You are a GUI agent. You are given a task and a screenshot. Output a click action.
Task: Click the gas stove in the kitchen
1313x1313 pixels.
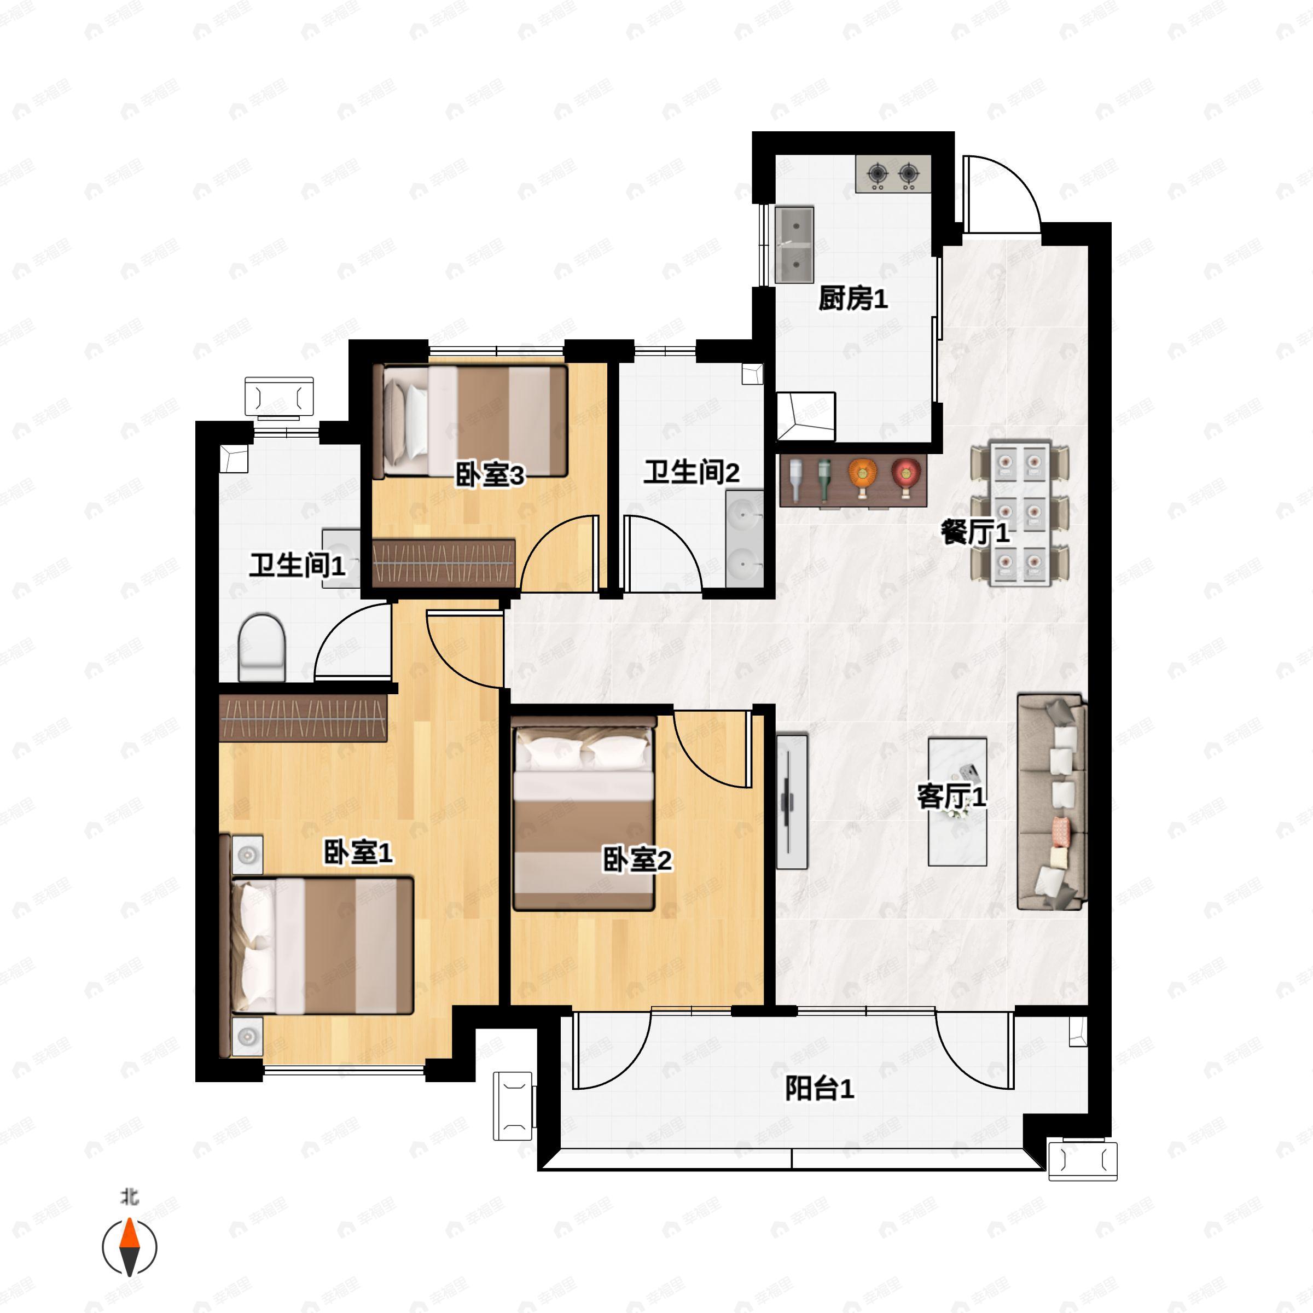pos(893,174)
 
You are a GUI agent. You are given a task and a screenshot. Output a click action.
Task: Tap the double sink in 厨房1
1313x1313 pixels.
pos(794,245)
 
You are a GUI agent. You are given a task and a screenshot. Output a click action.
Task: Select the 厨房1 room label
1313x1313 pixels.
pos(853,298)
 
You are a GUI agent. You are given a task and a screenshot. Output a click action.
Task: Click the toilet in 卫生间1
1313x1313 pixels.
pos(262,647)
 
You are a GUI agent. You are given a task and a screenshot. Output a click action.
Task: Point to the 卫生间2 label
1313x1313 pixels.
pos(691,472)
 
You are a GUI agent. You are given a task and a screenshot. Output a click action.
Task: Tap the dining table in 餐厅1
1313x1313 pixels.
pos(1019,513)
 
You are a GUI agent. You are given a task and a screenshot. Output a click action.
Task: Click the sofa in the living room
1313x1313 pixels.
pos(1052,801)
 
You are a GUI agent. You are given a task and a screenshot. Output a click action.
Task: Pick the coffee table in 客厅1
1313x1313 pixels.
pos(957,802)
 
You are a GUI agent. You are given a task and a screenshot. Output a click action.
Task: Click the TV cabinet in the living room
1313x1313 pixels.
pos(792,800)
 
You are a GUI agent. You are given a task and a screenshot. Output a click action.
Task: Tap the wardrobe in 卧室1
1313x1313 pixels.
pos(304,717)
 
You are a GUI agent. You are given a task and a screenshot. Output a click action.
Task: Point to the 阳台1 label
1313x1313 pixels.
pos(820,1089)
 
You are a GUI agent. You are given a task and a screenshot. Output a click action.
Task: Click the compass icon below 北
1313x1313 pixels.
pos(129,1247)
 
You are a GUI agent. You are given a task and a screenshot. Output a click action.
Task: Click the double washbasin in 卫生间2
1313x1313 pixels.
pos(745,539)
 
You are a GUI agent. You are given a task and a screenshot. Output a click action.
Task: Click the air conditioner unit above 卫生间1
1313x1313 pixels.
pos(280,397)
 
